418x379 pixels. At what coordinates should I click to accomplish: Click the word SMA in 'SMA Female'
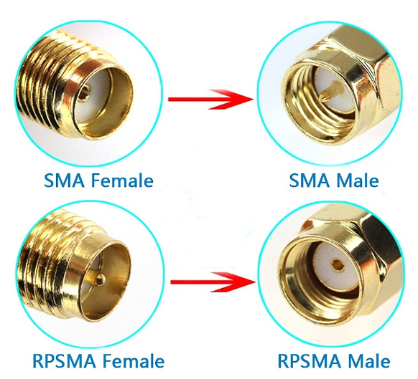coord(64,180)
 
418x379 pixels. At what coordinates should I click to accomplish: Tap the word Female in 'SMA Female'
coord(122,180)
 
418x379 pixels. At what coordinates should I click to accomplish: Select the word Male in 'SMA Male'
coord(357,180)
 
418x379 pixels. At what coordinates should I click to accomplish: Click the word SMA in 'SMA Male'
coord(310,180)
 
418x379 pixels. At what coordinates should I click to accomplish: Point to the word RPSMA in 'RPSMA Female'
coord(64,361)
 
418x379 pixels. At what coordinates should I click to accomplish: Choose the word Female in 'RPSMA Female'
coord(134,361)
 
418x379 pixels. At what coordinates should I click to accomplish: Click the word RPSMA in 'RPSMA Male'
coord(310,361)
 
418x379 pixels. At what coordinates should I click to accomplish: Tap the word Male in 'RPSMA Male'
coord(369,361)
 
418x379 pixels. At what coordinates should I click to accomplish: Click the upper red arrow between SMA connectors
coord(210,99)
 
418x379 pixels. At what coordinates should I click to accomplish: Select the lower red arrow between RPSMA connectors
coord(213,282)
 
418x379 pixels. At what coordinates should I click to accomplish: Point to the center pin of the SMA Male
coord(330,92)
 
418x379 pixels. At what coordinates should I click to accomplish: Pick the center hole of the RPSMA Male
coord(338,264)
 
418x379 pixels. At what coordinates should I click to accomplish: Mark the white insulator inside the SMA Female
coord(90,98)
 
